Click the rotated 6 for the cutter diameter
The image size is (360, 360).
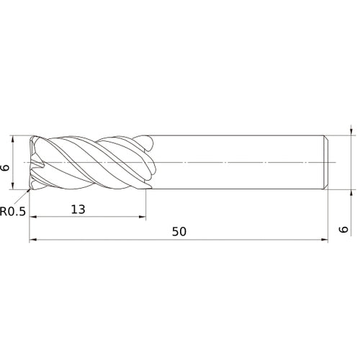point(6,167)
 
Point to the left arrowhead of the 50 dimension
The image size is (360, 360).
point(33,241)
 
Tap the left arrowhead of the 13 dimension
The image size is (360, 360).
point(33,217)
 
